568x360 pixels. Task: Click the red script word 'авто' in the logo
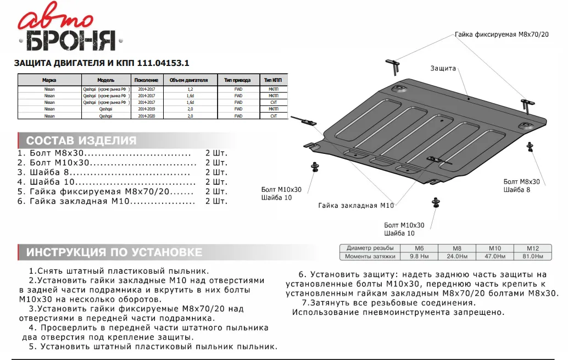click(x=55, y=19)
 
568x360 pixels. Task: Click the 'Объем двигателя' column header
click(x=188, y=80)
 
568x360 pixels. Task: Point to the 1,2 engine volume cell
click(x=190, y=88)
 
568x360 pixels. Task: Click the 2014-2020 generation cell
click(x=147, y=116)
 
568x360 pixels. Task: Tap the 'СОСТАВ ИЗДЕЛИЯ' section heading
click(x=81, y=140)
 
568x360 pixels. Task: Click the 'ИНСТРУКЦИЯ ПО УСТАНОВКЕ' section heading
click(x=114, y=252)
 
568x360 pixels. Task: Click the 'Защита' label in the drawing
click(x=443, y=68)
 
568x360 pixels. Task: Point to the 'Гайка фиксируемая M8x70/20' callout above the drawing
click(x=502, y=34)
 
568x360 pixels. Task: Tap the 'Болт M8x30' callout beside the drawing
click(x=521, y=181)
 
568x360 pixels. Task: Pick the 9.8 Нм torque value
click(x=419, y=256)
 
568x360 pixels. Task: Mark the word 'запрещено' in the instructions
click(x=481, y=312)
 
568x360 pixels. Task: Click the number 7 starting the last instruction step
click(x=304, y=303)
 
